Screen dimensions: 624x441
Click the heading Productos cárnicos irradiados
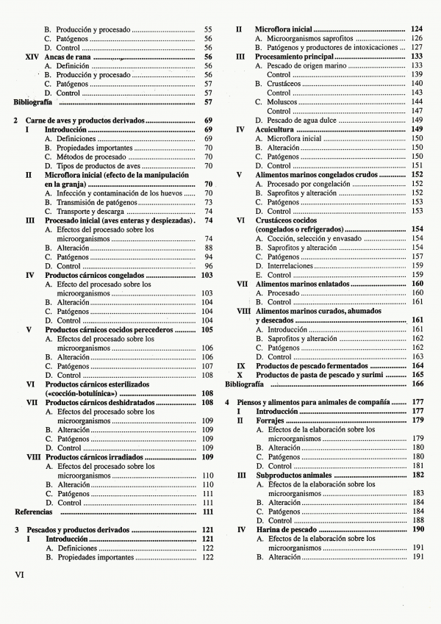(x=94, y=456)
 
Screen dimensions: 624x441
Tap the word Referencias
(x=34, y=512)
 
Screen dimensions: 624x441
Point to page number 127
(x=417, y=47)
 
